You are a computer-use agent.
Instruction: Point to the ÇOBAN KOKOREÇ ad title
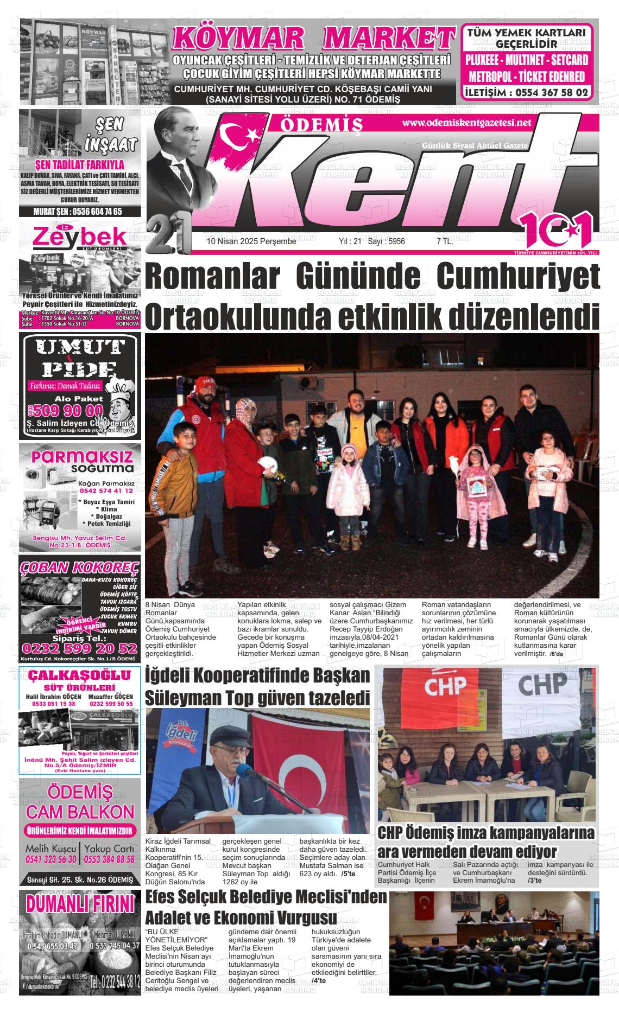79,567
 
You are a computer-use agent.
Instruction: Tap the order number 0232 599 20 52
79,649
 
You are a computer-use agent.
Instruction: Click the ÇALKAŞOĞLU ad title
79,675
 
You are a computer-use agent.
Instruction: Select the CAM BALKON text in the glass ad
79,812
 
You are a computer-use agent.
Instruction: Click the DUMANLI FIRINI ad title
79,904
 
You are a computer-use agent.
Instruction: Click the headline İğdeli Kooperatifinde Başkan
257,677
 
